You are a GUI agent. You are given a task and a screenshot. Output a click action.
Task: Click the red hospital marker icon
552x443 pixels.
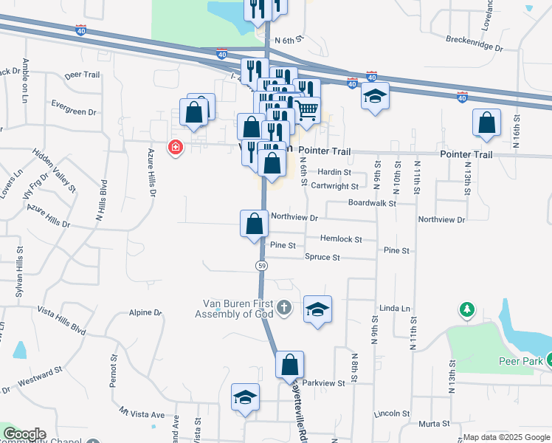click(x=176, y=147)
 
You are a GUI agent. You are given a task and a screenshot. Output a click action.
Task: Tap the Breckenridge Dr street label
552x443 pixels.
click(x=475, y=44)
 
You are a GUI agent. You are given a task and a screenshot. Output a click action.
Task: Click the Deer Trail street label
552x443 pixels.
click(x=82, y=75)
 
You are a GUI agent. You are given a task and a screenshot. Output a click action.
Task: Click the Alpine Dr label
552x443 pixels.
click(x=145, y=313)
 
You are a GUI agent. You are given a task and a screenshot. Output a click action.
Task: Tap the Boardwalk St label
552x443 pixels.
click(x=373, y=202)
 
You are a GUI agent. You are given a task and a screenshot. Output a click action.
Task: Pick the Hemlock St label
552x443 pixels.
click(x=341, y=239)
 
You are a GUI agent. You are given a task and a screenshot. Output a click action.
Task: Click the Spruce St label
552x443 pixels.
click(x=322, y=258)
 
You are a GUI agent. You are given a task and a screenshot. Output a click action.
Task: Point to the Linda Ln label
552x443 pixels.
click(x=394, y=307)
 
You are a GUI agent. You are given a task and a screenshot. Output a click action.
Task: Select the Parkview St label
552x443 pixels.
click(x=324, y=383)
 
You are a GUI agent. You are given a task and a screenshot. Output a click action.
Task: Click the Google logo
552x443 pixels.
click(x=24, y=435)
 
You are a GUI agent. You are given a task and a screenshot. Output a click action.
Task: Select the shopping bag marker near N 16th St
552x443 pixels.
click(x=486, y=124)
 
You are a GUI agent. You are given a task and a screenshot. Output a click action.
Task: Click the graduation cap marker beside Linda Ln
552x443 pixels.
click(x=317, y=310)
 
